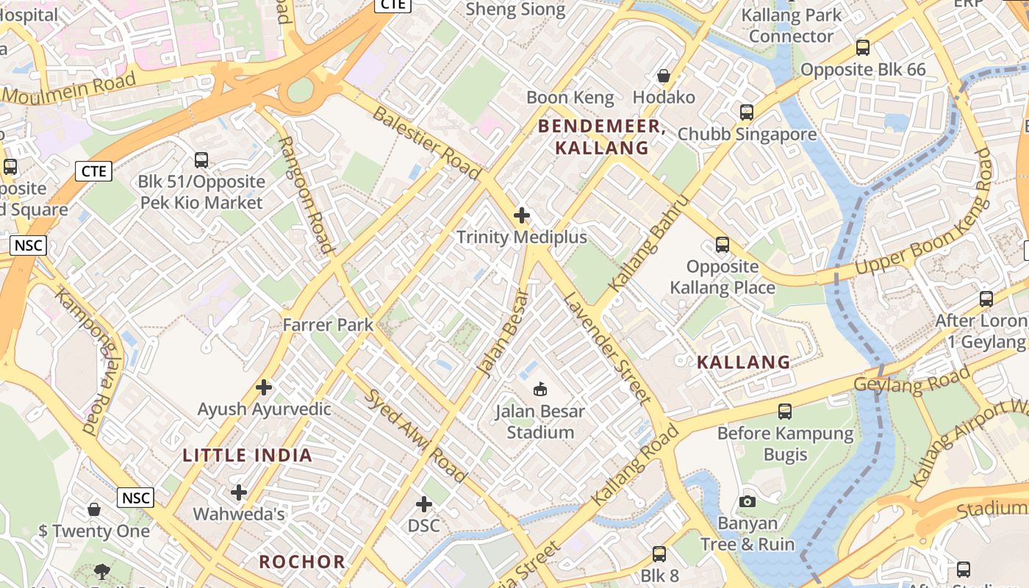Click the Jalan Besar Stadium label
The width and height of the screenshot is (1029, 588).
(x=539, y=421)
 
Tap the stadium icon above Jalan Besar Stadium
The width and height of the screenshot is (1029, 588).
(x=539, y=388)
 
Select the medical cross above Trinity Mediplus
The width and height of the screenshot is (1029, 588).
(x=522, y=215)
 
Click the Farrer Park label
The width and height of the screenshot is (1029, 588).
(x=328, y=324)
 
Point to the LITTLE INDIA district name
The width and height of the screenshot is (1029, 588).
(x=248, y=455)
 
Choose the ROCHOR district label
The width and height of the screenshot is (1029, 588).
(x=302, y=562)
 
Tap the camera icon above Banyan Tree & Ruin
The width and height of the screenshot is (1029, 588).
(x=747, y=501)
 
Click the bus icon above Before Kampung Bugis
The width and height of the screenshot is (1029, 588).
(x=785, y=412)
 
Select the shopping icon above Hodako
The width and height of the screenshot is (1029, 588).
(x=664, y=76)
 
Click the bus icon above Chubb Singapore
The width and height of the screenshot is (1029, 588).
(x=747, y=112)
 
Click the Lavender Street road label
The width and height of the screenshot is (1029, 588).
(x=607, y=348)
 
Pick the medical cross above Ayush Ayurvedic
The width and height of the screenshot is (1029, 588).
(x=264, y=387)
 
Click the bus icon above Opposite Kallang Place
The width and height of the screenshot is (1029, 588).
(x=723, y=245)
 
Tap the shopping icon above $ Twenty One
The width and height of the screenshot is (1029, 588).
(x=94, y=509)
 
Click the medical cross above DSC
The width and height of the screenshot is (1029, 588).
(x=424, y=504)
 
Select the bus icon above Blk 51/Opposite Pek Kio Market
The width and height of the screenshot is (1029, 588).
(x=201, y=159)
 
